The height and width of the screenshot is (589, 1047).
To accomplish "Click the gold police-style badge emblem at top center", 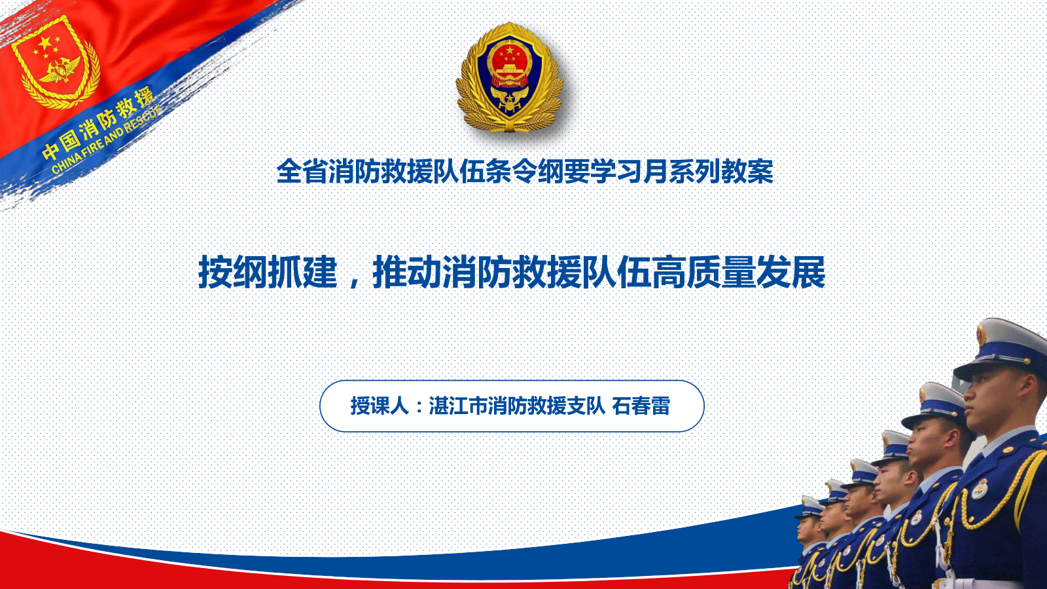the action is click(x=510, y=77).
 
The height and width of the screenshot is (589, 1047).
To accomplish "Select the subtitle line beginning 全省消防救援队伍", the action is click(x=524, y=172).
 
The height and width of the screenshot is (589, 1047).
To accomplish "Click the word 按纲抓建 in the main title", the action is click(x=268, y=272).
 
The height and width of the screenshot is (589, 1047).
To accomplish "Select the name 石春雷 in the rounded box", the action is click(x=641, y=406).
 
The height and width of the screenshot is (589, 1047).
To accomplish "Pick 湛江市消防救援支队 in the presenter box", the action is click(x=518, y=406).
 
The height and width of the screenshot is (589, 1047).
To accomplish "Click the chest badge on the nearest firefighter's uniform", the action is click(x=980, y=489).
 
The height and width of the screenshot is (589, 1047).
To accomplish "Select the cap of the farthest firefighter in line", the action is click(x=810, y=507).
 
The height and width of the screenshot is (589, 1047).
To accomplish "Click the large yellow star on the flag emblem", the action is click(x=44, y=43).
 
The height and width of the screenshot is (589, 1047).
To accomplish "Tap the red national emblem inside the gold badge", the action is click(x=510, y=63).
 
